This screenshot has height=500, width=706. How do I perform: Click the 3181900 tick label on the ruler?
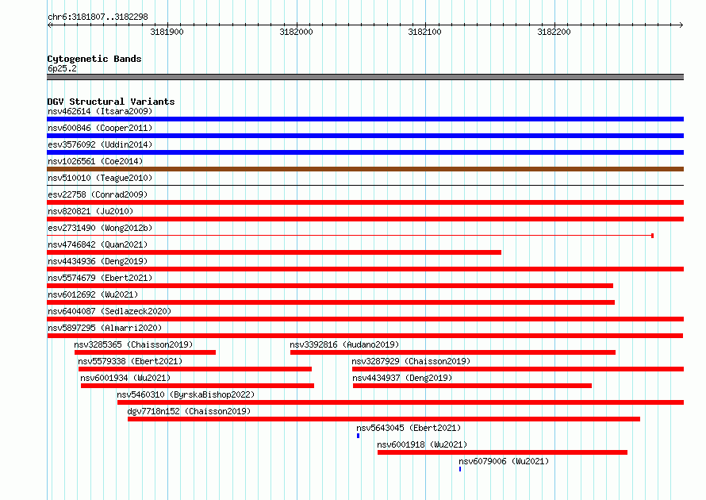pos(167,32)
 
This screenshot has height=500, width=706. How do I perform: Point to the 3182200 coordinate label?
pos(554,32)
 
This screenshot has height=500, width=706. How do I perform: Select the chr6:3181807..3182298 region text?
pos(98,17)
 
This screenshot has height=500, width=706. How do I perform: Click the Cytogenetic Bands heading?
pos(94,59)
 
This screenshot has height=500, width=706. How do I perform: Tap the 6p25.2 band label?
pos(62,68)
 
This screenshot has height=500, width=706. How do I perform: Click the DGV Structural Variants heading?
pos(111,102)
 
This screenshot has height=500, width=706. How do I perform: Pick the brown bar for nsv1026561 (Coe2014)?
pos(365,169)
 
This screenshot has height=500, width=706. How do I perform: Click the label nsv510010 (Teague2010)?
pos(100,178)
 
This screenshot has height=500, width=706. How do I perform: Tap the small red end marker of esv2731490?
pos(652,236)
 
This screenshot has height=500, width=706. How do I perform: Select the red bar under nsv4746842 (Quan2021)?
pos(274,252)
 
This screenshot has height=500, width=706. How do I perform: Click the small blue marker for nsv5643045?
pos(358,436)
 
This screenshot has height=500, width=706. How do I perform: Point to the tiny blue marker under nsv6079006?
pos(460,469)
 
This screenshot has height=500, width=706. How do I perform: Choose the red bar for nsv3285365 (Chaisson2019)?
pos(145,352)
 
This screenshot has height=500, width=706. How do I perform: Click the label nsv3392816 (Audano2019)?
pos(344,344)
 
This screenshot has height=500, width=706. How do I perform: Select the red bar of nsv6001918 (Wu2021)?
pos(502,452)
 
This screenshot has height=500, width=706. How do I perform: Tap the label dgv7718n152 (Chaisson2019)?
pos(189,411)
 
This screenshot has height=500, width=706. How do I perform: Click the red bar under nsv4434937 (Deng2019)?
pos(472,386)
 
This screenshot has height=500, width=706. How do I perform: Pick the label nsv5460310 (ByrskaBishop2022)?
pos(186,394)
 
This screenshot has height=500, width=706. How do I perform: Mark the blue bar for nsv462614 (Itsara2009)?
pos(365,119)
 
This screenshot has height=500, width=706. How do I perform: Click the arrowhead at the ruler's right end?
pos(681,25)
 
